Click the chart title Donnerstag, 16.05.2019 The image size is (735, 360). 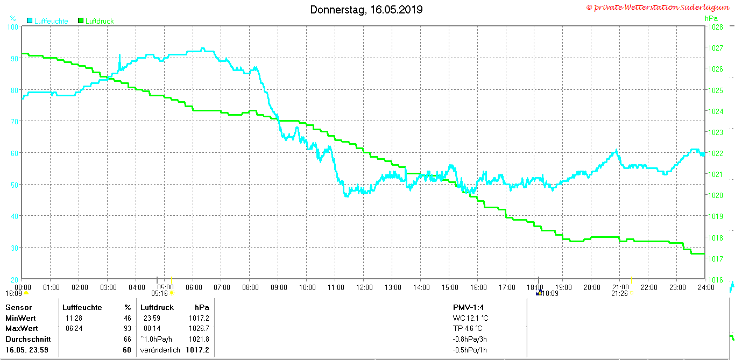point(366,10)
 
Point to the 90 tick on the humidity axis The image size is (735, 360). point(14,59)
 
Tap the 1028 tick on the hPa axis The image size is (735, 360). point(716,27)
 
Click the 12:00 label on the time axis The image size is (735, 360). point(364,288)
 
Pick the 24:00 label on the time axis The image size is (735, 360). point(706,288)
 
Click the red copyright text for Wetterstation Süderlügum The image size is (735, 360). point(658,8)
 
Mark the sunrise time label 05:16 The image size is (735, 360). point(159,293)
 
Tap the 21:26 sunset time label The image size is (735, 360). point(619,293)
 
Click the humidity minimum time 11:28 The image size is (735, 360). point(74,318)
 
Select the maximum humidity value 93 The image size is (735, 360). point(128,328)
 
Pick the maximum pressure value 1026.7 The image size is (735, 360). point(199,328)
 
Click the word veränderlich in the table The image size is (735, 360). point(160,350)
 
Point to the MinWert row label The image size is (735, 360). point(20,318)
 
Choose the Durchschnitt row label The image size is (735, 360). point(28,339)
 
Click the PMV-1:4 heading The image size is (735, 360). point(468,307)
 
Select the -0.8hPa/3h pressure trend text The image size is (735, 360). point(470,339)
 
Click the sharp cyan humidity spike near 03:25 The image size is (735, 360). point(120,61)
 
